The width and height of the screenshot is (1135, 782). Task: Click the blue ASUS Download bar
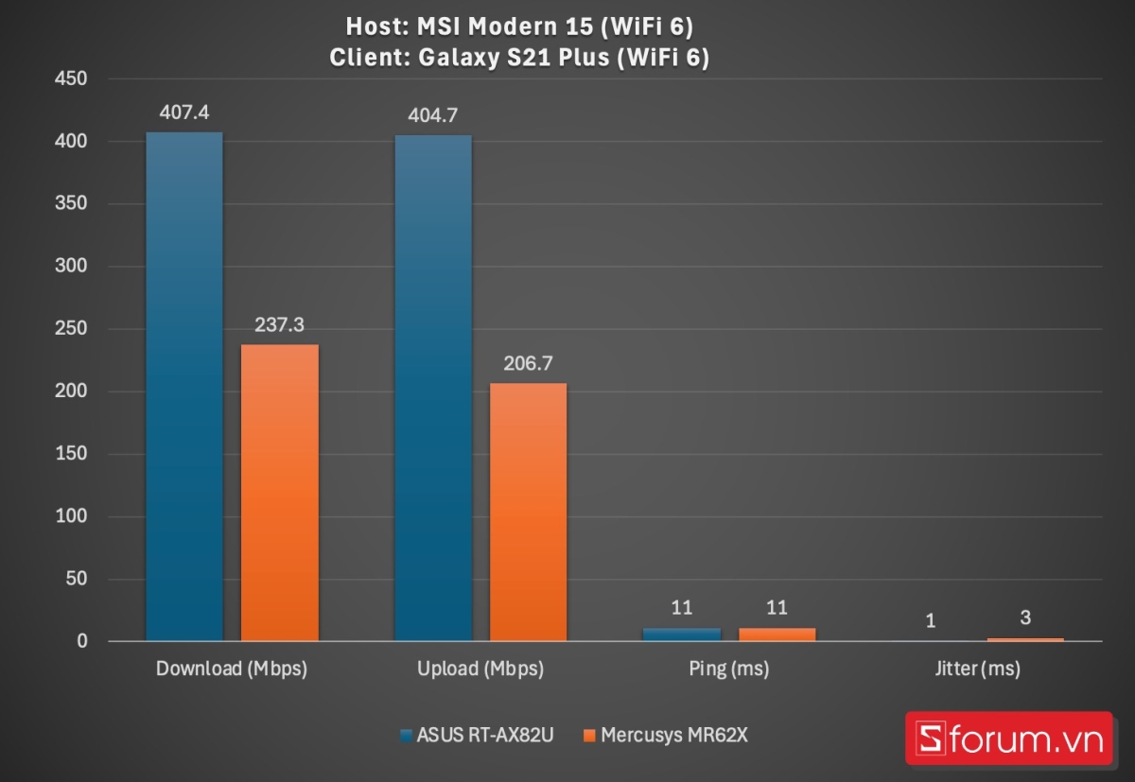tap(184, 388)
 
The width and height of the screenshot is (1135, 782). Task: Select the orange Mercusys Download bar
tap(280, 493)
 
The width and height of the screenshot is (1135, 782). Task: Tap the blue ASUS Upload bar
tap(432, 389)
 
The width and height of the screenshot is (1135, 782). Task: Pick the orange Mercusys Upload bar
tap(528, 512)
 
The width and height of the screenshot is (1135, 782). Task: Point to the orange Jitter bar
tap(1025, 640)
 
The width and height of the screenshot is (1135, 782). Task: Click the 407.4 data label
tap(184, 112)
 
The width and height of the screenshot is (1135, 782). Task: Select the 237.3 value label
tap(280, 324)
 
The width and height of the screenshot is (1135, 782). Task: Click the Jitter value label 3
tap(1025, 617)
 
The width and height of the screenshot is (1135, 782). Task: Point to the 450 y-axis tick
tap(70, 79)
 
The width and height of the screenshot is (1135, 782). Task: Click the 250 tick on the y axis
tap(70, 329)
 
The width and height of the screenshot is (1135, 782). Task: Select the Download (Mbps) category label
tap(232, 669)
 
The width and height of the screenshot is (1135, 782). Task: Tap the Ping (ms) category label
tap(727, 669)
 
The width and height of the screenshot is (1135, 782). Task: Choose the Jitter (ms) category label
tap(977, 669)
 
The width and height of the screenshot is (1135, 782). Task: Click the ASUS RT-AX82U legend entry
tap(477, 735)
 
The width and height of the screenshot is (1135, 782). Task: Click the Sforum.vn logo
tap(1008, 739)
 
